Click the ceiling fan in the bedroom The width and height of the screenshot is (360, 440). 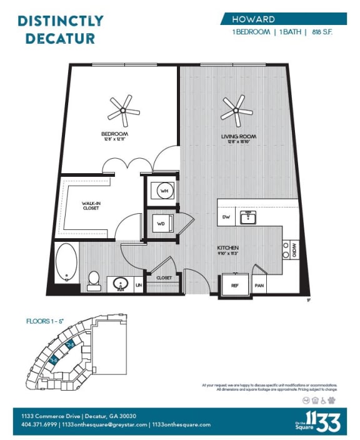pyautogui.click(x=122, y=111)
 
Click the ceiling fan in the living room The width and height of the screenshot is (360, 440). pyautogui.click(x=236, y=111)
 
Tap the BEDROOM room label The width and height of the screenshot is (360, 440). pyautogui.click(x=114, y=134)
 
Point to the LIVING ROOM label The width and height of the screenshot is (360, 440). pyautogui.click(x=239, y=136)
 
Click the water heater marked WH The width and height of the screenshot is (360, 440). pyautogui.click(x=164, y=190)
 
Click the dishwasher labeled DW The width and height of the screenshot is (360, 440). pyautogui.click(x=226, y=217)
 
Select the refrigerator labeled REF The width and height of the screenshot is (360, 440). pyautogui.click(x=235, y=285)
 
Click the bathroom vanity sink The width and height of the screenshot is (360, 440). pyautogui.click(x=119, y=284)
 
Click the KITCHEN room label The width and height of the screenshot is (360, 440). pyautogui.click(x=228, y=248)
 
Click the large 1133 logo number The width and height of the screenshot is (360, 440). pyautogui.click(x=322, y=422)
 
